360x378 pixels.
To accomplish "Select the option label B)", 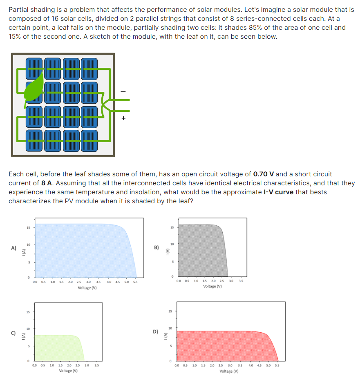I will coord(157,247).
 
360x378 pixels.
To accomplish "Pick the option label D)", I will coord(156,331).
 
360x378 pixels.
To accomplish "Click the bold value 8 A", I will coord(46,183).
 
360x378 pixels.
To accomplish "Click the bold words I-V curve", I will coord(276,192).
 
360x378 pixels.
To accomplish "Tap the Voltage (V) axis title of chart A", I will coord(87,288).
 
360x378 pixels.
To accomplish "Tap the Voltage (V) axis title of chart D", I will coord(229,371).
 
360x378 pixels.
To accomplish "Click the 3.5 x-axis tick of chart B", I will coord(241,281).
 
